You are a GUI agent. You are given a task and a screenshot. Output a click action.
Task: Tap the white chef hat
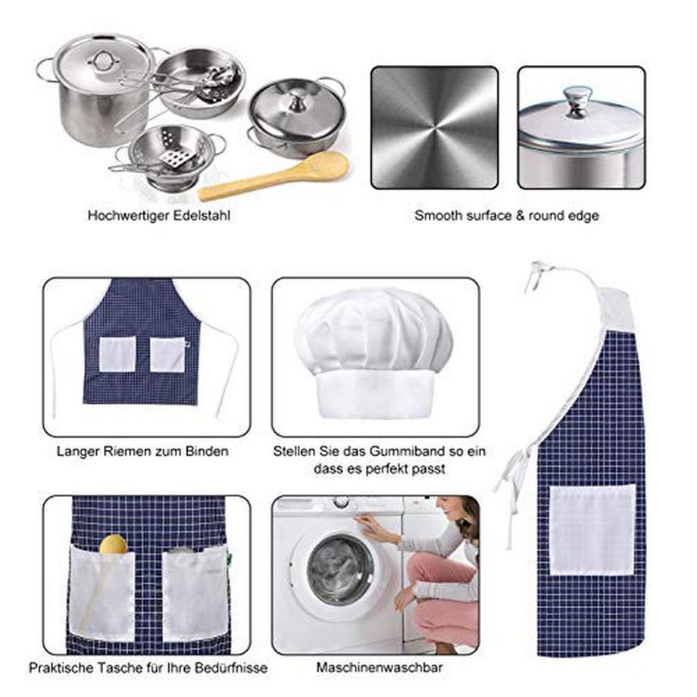pos(374,353)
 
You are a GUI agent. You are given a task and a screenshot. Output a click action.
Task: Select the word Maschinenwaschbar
pos(379,667)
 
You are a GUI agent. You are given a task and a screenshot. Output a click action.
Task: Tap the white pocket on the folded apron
pos(592,530)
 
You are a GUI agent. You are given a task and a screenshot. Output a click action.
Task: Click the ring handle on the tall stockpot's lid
pos(103,61)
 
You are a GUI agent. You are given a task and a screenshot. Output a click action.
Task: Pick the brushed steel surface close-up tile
pos(434,127)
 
